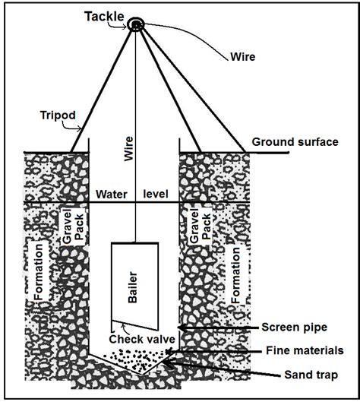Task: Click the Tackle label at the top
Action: tap(104, 17)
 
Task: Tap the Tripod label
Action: tap(58, 115)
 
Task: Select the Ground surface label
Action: tap(295, 142)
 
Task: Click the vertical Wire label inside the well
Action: tap(128, 149)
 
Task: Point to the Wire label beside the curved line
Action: tap(242, 57)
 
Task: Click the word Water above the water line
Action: tap(112, 195)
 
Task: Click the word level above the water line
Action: tap(156, 194)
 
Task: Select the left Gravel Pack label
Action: tap(73, 226)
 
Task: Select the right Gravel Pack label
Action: tap(200, 226)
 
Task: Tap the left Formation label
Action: tap(39, 272)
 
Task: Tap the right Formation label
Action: tap(235, 275)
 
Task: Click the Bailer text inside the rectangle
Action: tap(132, 287)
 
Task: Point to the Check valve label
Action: tap(142, 339)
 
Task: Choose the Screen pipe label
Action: tap(295, 327)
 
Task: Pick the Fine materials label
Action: tap(305, 350)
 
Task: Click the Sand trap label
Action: tap(311, 375)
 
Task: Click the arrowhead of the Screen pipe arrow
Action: tap(182, 328)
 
